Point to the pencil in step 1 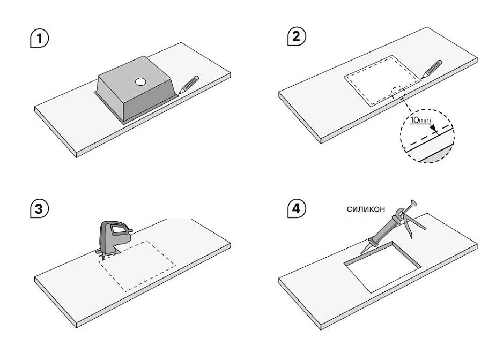click(x=188, y=85)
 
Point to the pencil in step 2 click(x=432, y=70)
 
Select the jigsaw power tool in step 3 click(x=112, y=238)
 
